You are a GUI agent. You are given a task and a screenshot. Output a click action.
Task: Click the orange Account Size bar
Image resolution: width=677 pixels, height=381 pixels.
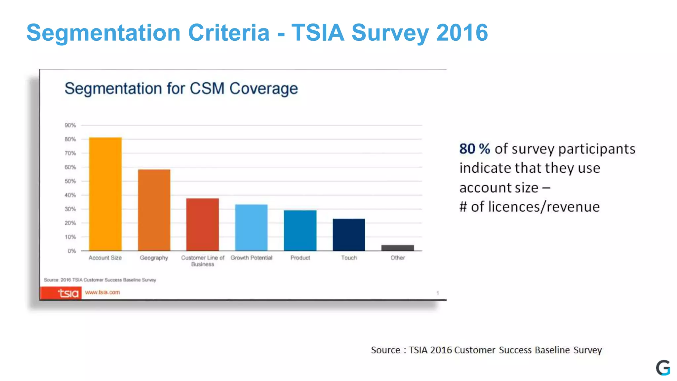coord(105,194)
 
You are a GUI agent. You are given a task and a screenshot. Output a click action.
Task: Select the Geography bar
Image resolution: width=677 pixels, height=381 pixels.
coord(154,210)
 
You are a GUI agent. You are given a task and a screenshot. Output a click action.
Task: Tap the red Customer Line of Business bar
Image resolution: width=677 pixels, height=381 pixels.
coord(202,225)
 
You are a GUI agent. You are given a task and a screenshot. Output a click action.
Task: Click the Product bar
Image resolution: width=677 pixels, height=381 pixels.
coord(300,231)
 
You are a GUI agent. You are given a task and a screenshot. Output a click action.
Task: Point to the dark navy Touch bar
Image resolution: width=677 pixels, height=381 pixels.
coord(349,235)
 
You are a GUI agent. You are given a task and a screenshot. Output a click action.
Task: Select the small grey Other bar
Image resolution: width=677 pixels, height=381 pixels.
coord(397,248)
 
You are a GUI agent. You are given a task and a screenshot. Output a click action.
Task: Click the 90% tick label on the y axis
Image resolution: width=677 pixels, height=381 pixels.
coord(70,125)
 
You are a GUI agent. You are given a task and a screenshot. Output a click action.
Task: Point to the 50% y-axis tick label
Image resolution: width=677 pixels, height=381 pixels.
coord(70,181)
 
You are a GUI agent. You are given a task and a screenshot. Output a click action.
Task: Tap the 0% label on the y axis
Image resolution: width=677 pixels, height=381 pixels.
coord(71,251)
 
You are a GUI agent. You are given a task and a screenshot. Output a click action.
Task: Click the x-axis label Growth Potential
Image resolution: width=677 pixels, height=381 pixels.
coord(251,258)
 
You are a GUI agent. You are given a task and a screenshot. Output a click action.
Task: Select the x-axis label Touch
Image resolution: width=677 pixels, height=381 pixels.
coord(349,258)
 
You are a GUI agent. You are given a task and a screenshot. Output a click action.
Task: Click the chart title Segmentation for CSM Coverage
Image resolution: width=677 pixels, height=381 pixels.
coord(181,89)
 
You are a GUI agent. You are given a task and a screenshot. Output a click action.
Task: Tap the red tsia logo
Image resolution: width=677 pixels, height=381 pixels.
coord(61,293)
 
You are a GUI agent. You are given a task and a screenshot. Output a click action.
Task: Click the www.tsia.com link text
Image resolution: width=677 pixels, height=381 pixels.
coord(102,292)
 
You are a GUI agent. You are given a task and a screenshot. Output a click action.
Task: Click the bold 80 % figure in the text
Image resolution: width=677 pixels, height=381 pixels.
coord(475,149)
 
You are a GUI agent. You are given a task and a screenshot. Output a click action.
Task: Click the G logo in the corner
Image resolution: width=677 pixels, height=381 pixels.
coord(663,368)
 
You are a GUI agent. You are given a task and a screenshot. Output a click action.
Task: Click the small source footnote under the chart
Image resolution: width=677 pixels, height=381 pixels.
coord(100,280)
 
